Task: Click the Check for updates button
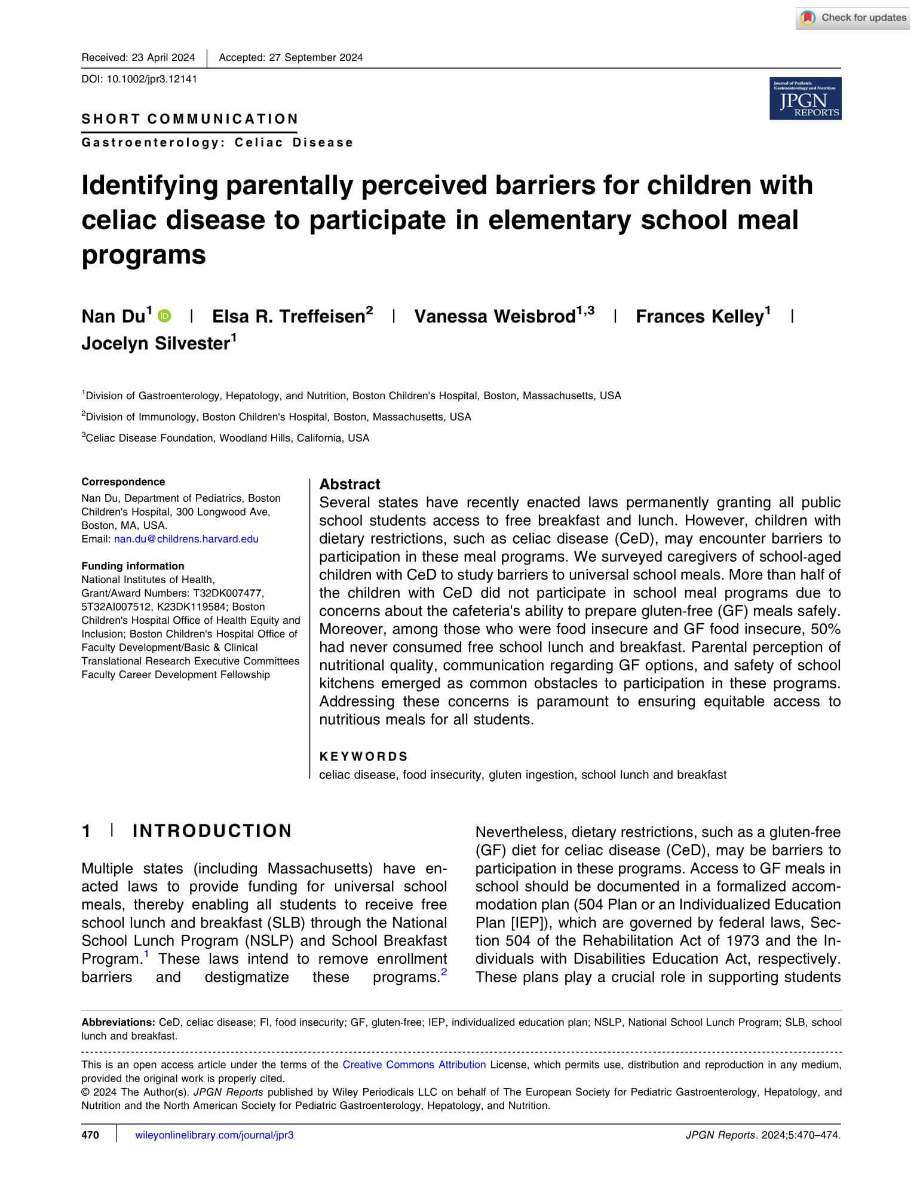point(853,18)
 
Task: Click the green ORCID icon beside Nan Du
point(164,315)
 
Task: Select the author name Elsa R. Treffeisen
point(289,316)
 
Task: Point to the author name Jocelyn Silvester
point(155,344)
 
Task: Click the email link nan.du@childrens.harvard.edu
point(186,539)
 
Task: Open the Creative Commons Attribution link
point(413,1064)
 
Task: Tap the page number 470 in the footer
point(90,1135)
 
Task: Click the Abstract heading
point(349,484)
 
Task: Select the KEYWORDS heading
point(363,756)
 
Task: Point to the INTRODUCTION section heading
point(212,831)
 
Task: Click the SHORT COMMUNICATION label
point(190,119)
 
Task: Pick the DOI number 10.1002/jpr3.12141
point(151,79)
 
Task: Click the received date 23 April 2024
point(163,57)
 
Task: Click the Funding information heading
point(133,566)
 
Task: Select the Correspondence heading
point(123,482)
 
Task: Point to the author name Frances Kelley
point(700,316)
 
